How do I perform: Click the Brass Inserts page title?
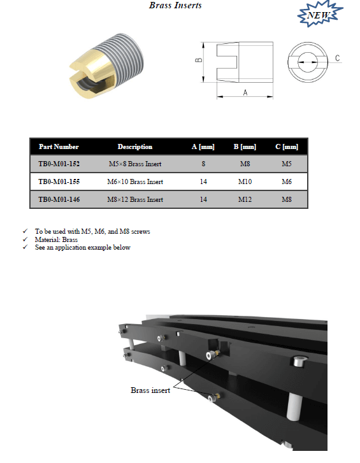175,5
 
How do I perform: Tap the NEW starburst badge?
320,14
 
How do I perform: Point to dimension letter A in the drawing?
245,93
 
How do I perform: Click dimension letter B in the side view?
199,60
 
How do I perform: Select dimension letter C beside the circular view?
337,58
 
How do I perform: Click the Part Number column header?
59,146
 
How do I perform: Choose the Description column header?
135,146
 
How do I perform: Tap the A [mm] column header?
203,146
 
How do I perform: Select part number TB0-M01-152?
59,164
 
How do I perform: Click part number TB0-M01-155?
59,182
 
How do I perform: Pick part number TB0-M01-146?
59,199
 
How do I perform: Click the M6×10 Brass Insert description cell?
135,182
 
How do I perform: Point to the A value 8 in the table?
203,164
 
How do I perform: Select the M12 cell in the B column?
245,199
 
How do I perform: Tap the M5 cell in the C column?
287,164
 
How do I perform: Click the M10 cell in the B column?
245,182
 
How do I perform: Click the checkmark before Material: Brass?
25,239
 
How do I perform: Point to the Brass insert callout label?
150,390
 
